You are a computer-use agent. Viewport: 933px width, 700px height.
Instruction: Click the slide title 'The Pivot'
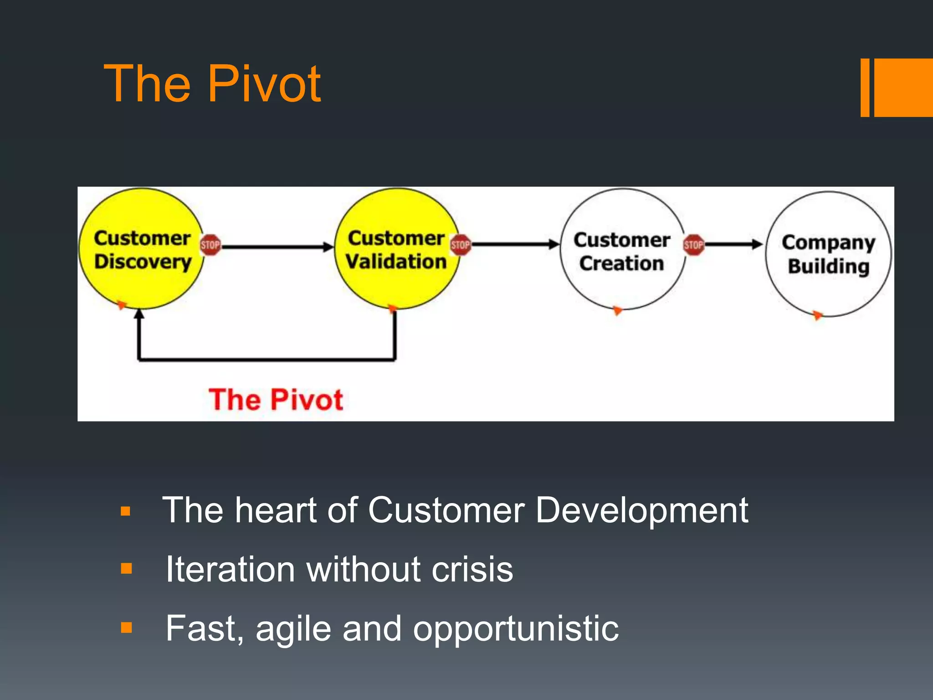click(x=212, y=84)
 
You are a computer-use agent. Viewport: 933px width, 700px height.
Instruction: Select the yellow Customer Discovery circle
click(x=141, y=249)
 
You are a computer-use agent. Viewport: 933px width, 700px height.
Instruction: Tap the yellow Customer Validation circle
click(x=396, y=249)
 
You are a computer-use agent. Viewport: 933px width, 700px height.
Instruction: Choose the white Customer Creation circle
click(x=622, y=250)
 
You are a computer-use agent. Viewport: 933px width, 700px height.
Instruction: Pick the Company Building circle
click(x=828, y=253)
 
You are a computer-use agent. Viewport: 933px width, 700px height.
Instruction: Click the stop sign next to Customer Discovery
click(x=210, y=245)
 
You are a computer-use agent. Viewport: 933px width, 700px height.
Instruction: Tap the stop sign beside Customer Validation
click(x=460, y=245)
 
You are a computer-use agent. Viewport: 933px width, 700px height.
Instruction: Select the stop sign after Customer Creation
click(x=693, y=245)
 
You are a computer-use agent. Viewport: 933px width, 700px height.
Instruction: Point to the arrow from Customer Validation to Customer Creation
click(x=515, y=245)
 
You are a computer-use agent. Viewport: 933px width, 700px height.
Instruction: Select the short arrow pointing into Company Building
click(x=733, y=245)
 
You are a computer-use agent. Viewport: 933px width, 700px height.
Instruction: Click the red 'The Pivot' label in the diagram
click(x=276, y=400)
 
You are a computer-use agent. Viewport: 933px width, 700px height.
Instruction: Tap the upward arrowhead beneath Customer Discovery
click(x=140, y=314)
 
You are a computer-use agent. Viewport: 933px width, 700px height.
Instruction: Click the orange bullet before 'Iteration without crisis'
click(x=126, y=569)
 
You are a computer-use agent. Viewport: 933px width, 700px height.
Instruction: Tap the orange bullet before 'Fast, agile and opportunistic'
click(x=126, y=628)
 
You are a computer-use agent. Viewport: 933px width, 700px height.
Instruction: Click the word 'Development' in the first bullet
click(x=641, y=511)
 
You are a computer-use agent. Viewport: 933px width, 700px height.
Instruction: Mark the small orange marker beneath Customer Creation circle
click(x=617, y=311)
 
